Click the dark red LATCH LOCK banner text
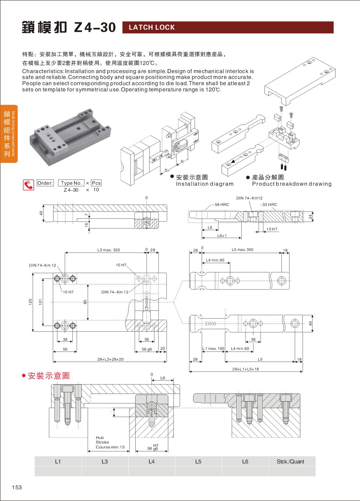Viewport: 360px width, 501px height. point(152,27)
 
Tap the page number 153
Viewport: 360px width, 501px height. point(17,487)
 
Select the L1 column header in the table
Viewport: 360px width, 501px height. point(58,462)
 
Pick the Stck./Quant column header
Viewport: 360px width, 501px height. point(290,462)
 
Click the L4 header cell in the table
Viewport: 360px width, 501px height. point(152,462)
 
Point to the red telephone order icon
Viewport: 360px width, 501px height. point(28,185)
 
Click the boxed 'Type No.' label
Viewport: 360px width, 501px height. point(71,183)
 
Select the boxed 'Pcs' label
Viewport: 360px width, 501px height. point(96,183)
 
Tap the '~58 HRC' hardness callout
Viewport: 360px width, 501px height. point(221,205)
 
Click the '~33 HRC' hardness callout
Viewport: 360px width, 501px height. point(269,205)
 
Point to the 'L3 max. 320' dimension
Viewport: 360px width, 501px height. point(109,250)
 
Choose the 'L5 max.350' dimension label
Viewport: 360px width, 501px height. point(242,250)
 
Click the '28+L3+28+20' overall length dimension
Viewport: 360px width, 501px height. point(110,359)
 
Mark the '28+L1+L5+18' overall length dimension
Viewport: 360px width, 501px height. point(246,369)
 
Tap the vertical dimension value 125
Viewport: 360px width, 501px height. point(30,302)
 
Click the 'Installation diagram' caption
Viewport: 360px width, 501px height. point(205,184)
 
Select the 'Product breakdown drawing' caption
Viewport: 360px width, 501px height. point(292,184)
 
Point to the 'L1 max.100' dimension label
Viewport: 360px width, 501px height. point(214,349)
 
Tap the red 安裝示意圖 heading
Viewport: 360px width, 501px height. point(49,376)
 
